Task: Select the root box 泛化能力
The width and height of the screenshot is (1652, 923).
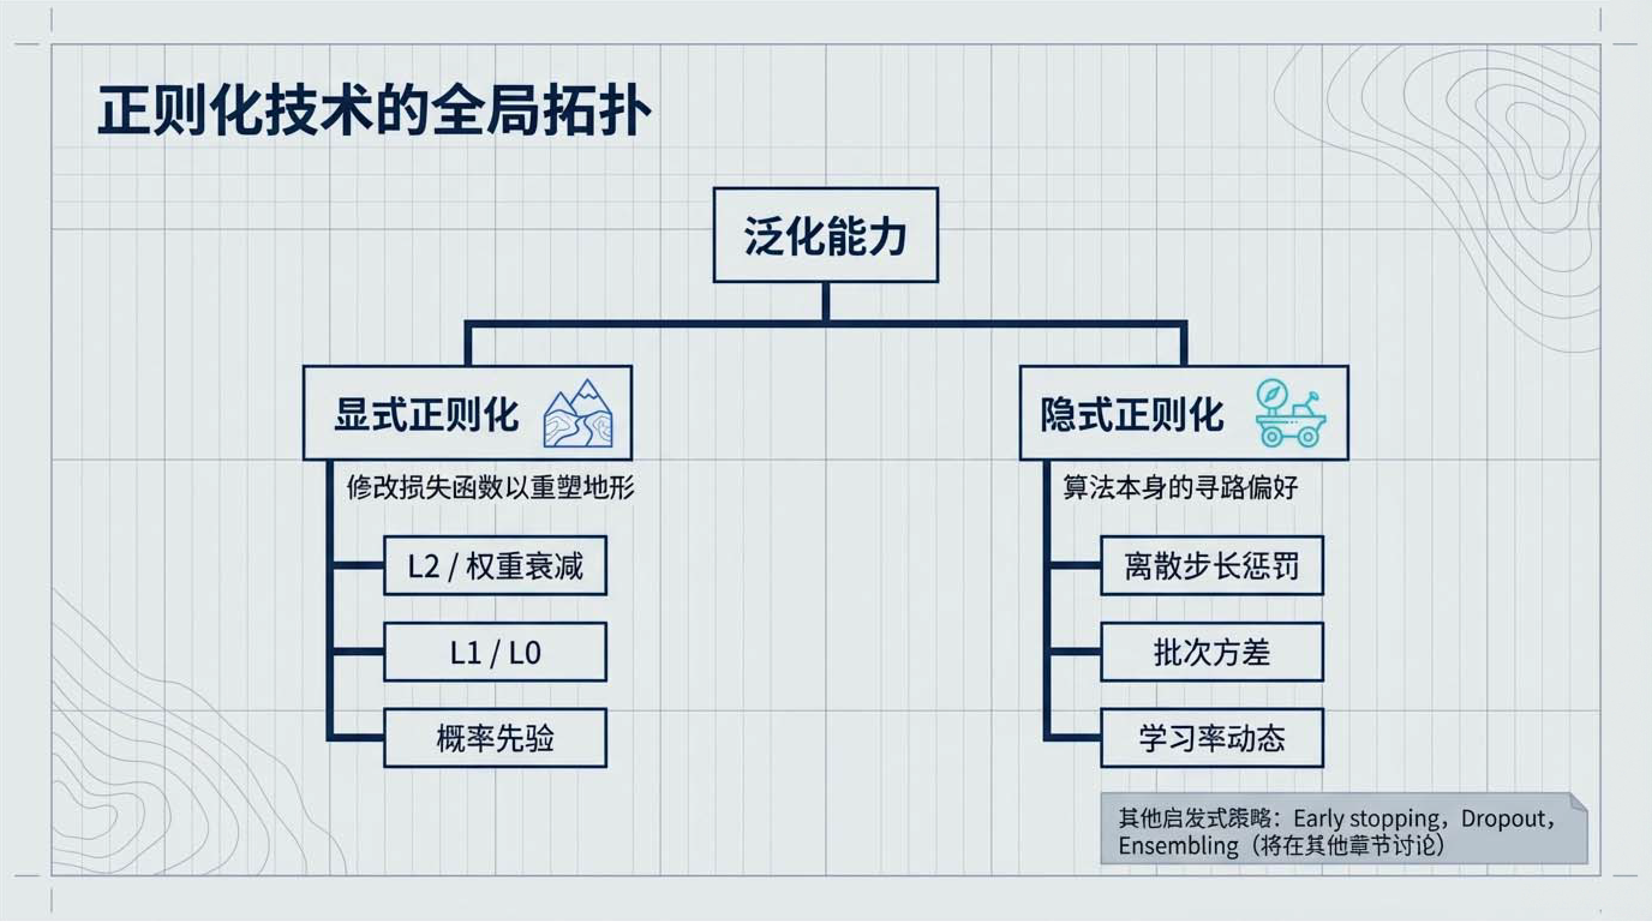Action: [x=825, y=235]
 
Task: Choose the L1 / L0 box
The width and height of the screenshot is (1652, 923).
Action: [x=495, y=652]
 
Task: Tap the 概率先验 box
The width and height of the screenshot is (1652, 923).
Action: [x=495, y=738]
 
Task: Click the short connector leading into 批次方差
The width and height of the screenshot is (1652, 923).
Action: [x=1074, y=652]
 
